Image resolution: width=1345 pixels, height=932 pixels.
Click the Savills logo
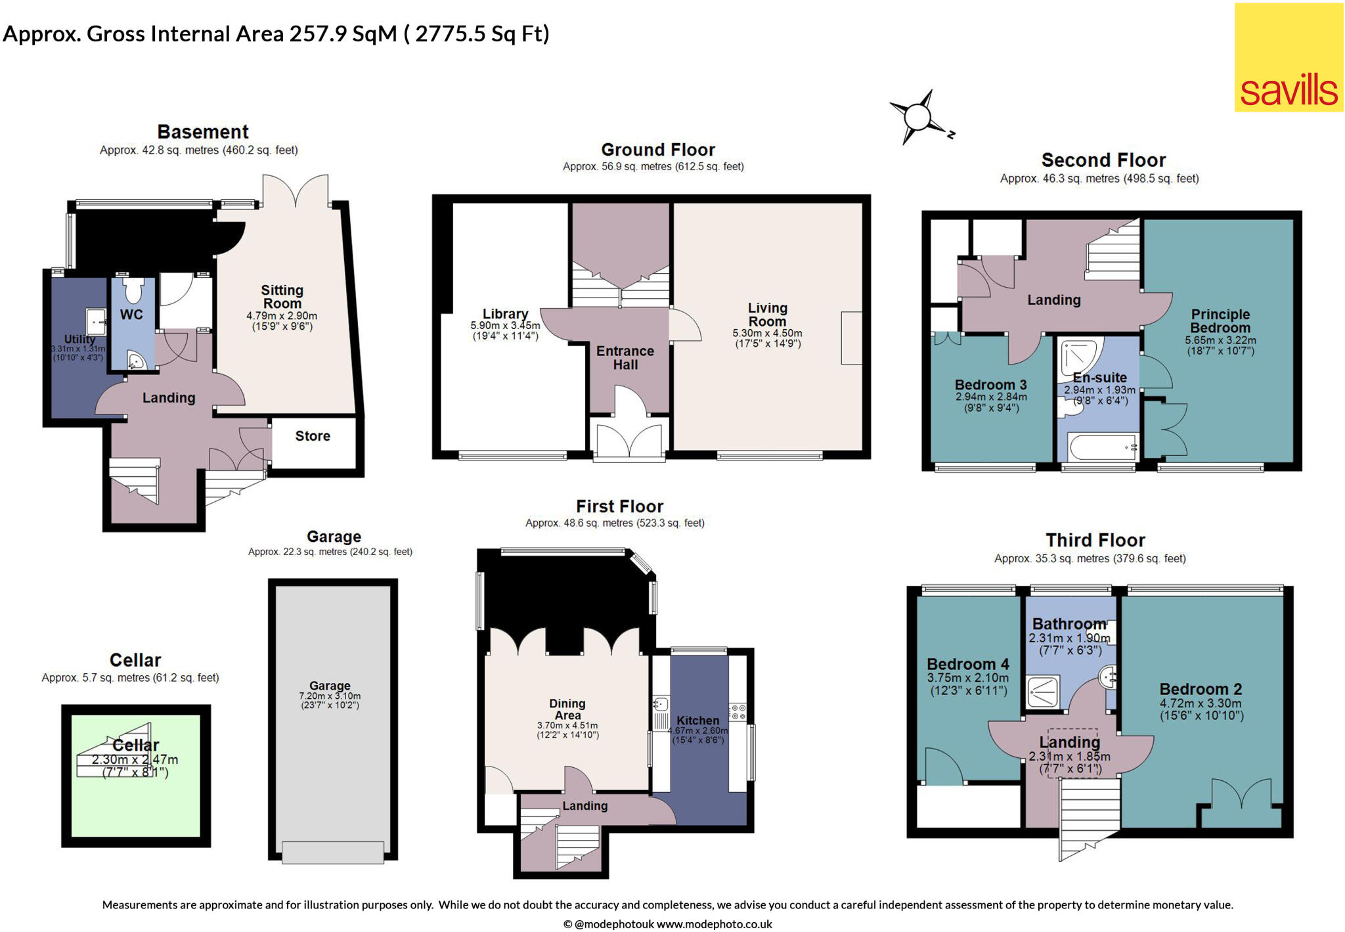click(1289, 58)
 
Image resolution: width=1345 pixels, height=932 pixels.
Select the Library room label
click(505, 314)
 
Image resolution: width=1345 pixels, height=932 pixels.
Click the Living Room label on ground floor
click(767, 315)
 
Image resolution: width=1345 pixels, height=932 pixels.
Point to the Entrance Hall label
click(625, 358)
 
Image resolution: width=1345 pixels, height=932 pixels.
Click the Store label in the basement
click(313, 436)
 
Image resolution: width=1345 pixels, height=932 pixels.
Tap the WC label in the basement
click(131, 315)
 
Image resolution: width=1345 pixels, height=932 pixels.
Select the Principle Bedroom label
click(1220, 321)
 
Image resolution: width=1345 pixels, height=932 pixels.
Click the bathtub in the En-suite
click(1102, 448)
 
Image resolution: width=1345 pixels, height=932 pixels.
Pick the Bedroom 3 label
click(990, 385)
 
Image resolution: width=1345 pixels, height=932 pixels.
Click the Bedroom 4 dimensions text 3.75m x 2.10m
click(967, 678)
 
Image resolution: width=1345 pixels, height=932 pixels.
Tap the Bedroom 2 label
click(1201, 689)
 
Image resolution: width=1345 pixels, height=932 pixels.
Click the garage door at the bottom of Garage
click(332, 853)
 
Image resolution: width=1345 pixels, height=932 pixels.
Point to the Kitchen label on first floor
click(697, 721)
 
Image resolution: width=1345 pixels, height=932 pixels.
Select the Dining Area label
click(567, 709)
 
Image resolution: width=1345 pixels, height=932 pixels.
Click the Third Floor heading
click(1095, 540)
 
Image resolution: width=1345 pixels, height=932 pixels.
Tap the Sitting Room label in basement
click(282, 296)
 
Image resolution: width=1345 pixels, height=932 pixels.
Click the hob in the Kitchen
click(738, 712)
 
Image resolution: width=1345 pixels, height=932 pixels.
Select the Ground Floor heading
click(657, 150)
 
